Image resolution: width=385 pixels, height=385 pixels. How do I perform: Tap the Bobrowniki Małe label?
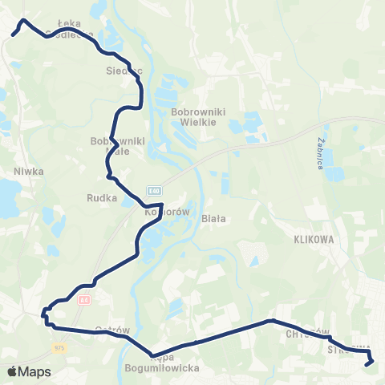(117, 146)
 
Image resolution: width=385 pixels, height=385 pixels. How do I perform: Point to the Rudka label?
(101, 197)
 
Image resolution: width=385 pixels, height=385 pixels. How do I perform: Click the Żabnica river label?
(320, 152)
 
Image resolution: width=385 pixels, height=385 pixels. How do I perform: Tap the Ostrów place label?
(112, 330)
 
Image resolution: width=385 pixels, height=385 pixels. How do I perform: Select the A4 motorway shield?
(83, 299)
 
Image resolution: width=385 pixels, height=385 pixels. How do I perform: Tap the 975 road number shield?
(59, 348)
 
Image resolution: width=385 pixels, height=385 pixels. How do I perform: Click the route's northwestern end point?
(14, 34)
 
